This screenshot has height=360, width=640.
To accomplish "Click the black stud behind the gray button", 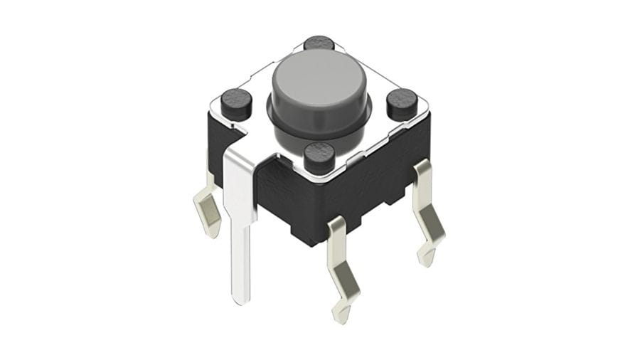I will pos(319,43).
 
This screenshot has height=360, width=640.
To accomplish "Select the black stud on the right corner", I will pos(402,103).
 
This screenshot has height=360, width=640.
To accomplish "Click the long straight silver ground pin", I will pos(240,228).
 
